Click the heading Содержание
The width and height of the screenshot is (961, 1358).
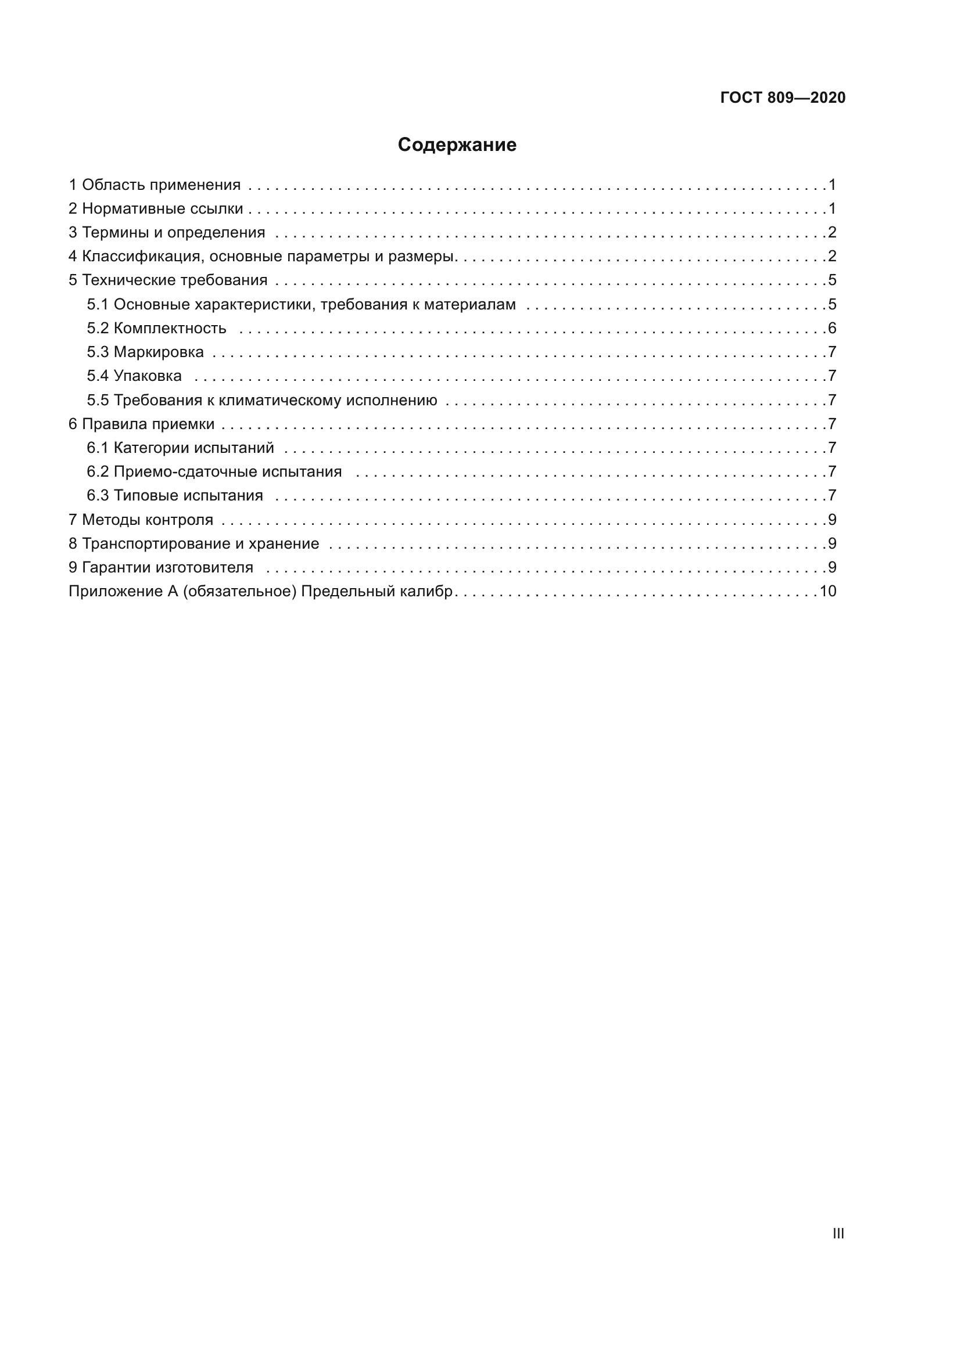click(457, 145)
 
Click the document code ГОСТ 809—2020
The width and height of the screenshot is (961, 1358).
click(783, 98)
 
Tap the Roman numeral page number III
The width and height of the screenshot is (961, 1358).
click(838, 1233)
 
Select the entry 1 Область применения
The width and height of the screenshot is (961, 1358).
click(155, 185)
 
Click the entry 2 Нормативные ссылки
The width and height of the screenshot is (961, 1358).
click(156, 209)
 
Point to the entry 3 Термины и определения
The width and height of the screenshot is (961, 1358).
click(167, 232)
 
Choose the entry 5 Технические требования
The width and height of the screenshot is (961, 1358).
click(168, 280)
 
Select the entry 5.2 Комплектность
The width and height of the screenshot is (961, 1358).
click(156, 328)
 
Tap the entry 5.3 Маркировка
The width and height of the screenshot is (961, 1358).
click(145, 352)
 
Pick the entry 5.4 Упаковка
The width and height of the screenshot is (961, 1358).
click(134, 376)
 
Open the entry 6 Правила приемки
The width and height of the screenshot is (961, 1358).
click(141, 424)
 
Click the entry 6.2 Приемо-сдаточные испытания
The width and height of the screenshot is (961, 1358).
click(214, 472)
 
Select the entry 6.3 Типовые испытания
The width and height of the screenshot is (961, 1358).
click(174, 496)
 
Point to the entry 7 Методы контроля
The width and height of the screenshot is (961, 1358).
click(141, 520)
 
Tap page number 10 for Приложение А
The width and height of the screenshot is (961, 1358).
click(827, 592)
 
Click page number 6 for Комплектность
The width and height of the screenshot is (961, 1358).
click(832, 328)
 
